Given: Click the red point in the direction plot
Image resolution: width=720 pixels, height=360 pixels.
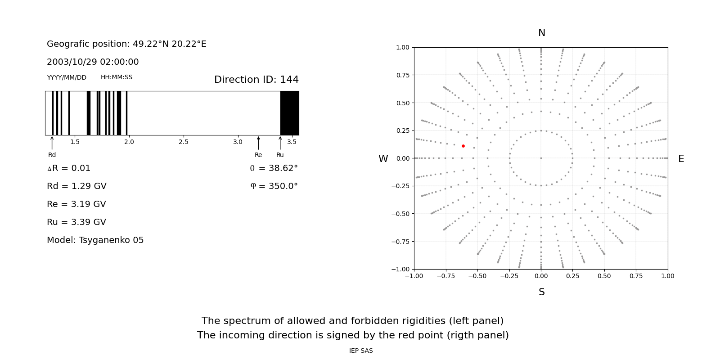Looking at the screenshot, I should pos(463,146).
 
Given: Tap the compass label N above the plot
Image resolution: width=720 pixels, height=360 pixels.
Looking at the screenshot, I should pos(541,33).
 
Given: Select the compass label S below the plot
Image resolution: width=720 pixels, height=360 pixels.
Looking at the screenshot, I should pos(541,292).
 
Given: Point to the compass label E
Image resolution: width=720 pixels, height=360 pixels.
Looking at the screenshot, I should pos(681,159).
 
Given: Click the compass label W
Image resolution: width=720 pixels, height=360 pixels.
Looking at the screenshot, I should pos(383,159).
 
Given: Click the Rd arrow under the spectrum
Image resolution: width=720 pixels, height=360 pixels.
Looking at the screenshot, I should pos(52,143).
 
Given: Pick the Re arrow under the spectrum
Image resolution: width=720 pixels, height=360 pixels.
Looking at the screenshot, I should pos(258,143).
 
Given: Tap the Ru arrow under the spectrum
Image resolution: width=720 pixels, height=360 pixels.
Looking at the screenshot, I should pos(280,143).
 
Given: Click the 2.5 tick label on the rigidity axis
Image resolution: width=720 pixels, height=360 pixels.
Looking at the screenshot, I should pos(183,142).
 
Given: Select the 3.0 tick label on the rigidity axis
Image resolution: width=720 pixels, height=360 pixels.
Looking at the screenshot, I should pos(238,142).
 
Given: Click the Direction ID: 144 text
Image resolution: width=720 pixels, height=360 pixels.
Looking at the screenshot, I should pos(256,80).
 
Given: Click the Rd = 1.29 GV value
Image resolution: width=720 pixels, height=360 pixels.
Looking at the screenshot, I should pos(76,186).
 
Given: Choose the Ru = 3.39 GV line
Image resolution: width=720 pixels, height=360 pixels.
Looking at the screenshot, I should pos(76,222).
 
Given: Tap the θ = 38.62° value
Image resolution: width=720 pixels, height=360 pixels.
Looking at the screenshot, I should pos(274,168).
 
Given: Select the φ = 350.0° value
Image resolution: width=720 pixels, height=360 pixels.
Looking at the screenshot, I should pos(274,186).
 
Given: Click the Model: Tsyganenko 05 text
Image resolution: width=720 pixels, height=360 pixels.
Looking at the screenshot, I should pos(95,240).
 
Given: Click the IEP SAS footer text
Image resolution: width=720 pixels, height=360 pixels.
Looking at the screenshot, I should pos(361,351).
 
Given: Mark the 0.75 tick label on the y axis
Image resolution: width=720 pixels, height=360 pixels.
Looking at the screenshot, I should pos(403,75).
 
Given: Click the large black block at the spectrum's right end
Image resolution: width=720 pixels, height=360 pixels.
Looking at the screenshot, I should pos(289,113).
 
